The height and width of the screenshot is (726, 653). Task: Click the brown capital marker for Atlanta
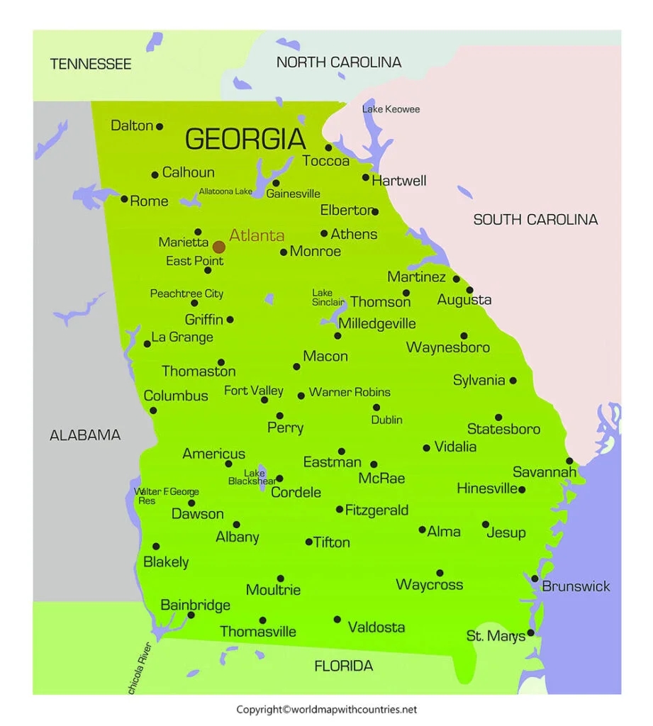tap(219, 247)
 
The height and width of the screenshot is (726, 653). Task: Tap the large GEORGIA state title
tap(245, 139)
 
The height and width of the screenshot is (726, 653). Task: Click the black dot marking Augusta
tap(469, 290)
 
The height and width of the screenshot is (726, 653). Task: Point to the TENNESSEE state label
tap(91, 65)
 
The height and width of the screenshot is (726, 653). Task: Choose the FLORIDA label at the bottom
tap(343, 666)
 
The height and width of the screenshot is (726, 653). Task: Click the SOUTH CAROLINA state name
tap(535, 220)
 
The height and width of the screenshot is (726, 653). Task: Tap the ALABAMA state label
tap(85, 435)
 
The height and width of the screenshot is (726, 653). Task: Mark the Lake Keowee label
tap(391, 109)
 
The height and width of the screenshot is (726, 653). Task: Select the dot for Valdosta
tap(337, 619)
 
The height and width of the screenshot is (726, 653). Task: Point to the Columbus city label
tap(176, 396)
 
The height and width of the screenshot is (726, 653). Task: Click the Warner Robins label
tap(350, 392)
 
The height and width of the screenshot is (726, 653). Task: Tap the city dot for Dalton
tap(160, 126)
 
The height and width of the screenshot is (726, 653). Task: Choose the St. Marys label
tap(496, 636)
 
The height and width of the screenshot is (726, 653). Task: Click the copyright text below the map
tap(327, 709)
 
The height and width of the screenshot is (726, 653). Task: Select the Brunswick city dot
tap(535, 579)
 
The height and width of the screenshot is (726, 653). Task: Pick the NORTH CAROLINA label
tap(339, 62)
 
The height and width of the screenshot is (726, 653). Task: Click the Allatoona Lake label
tap(225, 191)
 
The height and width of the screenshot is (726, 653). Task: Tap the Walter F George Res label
tap(167, 496)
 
